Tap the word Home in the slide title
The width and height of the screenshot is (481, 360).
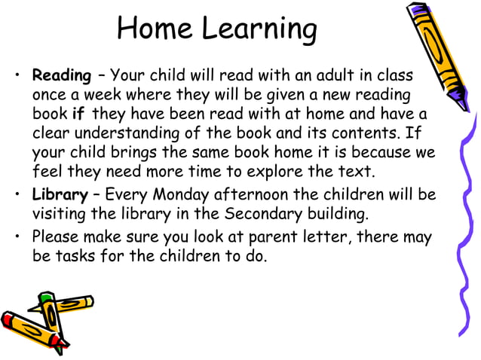click(155, 29)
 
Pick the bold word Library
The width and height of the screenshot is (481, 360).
click(60, 196)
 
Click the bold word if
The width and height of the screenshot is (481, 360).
click(78, 114)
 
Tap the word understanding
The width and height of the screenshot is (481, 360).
click(126, 134)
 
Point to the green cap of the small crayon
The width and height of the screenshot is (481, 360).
click(47, 300)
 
